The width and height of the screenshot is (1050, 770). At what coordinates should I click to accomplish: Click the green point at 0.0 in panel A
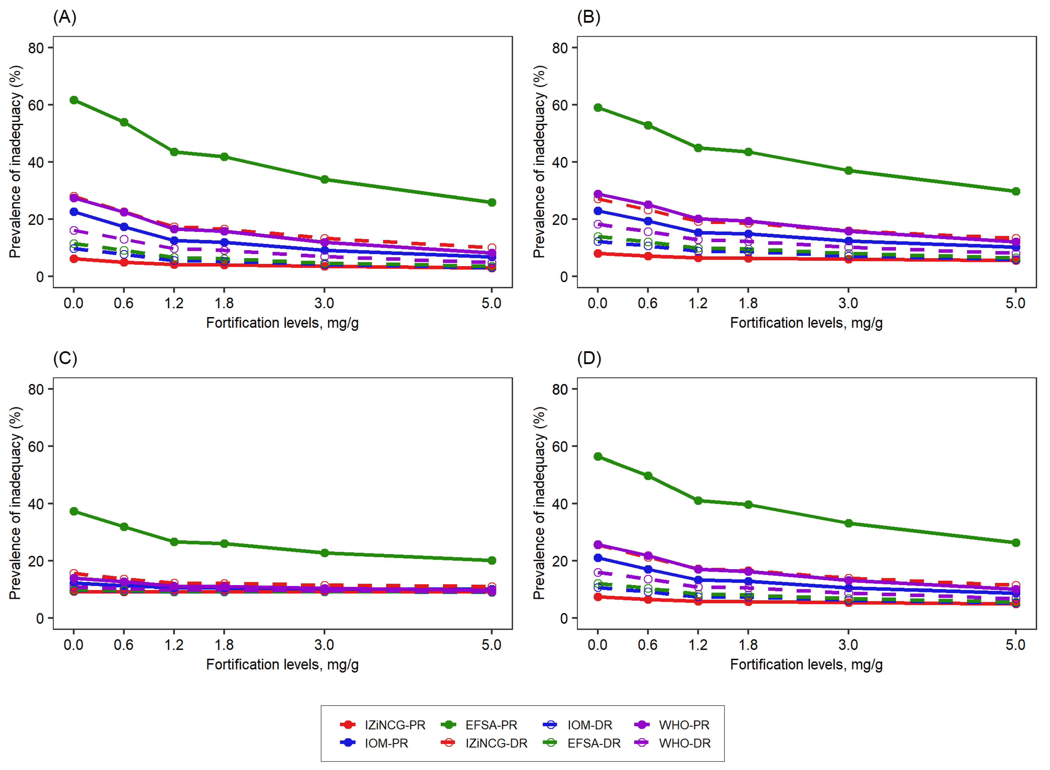pos(74,100)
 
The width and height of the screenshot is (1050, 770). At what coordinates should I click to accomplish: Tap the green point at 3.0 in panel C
pos(325,553)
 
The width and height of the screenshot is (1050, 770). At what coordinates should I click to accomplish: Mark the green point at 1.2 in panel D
pos(698,501)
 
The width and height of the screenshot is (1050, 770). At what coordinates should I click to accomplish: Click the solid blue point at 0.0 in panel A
pos(74,212)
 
